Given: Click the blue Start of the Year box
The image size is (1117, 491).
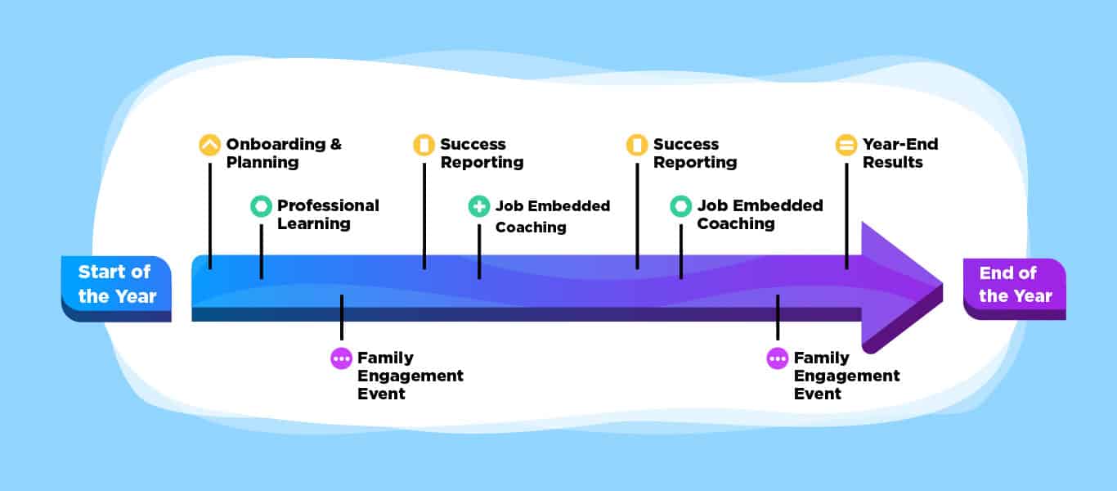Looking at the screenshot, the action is [116, 289].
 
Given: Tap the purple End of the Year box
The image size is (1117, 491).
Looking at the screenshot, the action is [1015, 289].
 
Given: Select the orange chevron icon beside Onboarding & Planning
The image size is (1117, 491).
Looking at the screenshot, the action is [210, 145].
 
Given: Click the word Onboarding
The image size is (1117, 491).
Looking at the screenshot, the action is [276, 144].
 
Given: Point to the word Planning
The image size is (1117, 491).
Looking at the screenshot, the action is [262, 163].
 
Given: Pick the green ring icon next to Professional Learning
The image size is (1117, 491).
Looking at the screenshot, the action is [262, 206].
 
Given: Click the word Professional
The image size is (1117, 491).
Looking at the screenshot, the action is [328, 205].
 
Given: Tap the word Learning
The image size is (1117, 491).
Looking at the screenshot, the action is [314, 224].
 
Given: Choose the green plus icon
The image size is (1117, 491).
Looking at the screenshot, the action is [479, 206].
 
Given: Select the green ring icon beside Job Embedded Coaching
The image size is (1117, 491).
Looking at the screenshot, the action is [681, 206].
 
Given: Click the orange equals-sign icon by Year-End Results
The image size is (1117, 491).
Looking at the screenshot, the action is [846, 145].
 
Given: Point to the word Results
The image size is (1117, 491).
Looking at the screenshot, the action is [893, 162].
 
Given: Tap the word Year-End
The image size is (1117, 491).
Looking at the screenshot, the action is [900, 144].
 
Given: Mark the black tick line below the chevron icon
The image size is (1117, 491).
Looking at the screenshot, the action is [210, 216].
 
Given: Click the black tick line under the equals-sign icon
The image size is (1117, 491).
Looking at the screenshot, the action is [846, 216].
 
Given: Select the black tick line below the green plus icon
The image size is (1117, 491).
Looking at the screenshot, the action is [479, 251].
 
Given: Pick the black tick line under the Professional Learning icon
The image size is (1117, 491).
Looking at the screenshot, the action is [262, 251].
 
